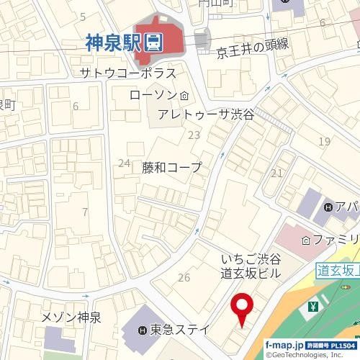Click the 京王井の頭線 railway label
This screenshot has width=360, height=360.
point(252,48)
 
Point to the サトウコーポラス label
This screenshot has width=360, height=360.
point(128,73)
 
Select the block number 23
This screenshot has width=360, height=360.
point(193,135)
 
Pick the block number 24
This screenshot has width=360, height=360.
point(124,163)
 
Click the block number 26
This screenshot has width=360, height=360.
point(184,277)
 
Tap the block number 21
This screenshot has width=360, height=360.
point(277,173)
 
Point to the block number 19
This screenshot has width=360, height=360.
point(325,141)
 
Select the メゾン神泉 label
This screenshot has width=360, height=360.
point(71,318)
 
